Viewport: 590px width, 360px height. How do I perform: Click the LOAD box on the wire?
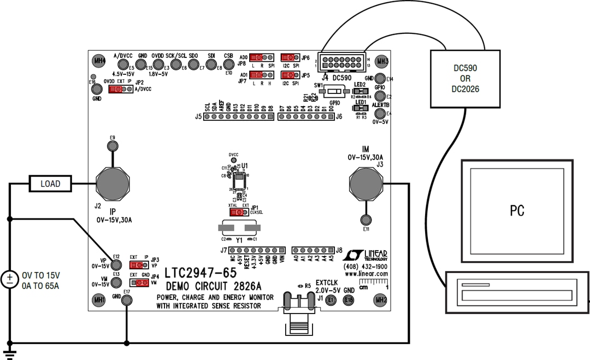(x=50, y=184)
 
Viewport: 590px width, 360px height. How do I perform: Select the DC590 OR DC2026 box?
(x=466, y=78)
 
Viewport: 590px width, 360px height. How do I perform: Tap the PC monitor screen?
(x=517, y=210)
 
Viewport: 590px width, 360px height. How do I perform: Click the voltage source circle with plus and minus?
(x=10, y=280)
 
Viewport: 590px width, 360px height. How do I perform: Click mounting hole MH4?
(x=99, y=61)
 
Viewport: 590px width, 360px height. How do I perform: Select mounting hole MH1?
(x=99, y=300)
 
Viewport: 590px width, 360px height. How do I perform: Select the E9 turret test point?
(x=113, y=146)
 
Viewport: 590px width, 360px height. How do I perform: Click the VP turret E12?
(x=115, y=264)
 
